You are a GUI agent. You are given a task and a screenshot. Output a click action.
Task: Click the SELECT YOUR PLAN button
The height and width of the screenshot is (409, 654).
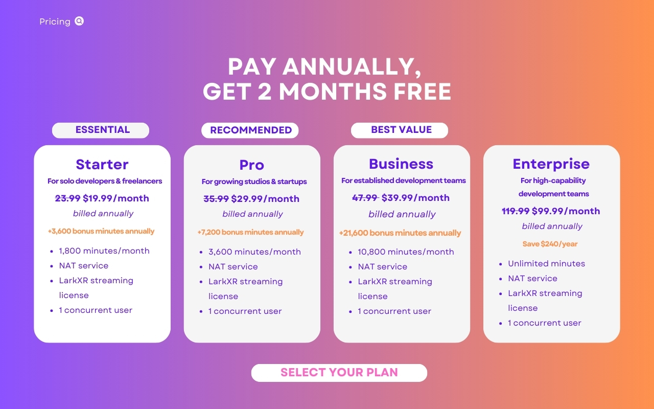339,373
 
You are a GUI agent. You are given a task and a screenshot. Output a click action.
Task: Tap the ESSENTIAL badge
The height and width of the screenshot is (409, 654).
101,130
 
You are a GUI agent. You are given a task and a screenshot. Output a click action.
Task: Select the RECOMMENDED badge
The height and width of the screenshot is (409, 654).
250,130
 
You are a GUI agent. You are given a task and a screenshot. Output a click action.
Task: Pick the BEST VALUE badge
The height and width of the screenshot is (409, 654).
400,130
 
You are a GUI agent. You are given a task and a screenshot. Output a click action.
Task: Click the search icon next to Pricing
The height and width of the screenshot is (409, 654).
79,21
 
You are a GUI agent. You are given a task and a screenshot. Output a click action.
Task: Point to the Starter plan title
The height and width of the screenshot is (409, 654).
102,165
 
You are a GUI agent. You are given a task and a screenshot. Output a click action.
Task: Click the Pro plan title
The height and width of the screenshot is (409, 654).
252,165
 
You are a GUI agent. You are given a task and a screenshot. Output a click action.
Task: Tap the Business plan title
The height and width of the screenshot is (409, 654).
401,164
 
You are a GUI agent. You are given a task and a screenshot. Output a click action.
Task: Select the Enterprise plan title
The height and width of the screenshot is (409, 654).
551,164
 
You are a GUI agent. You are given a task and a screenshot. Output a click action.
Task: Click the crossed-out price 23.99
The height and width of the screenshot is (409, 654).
68,198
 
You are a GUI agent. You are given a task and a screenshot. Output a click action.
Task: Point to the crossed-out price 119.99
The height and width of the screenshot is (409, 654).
516,211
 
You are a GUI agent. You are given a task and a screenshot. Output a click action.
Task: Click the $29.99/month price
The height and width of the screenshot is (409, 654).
265,199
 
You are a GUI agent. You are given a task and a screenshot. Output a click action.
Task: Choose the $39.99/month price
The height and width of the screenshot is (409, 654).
415,198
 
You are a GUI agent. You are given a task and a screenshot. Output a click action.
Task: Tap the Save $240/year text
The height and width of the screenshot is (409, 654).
550,244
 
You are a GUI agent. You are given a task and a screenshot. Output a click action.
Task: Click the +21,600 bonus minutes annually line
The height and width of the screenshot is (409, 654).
400,233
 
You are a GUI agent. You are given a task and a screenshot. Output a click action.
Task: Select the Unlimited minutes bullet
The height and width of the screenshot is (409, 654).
547,263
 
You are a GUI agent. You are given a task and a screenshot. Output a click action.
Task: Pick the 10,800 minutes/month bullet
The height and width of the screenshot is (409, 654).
406,252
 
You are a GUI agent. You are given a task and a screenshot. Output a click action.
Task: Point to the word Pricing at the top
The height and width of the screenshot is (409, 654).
55,21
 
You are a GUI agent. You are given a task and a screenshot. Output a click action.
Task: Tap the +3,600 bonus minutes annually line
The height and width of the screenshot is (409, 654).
101,231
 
